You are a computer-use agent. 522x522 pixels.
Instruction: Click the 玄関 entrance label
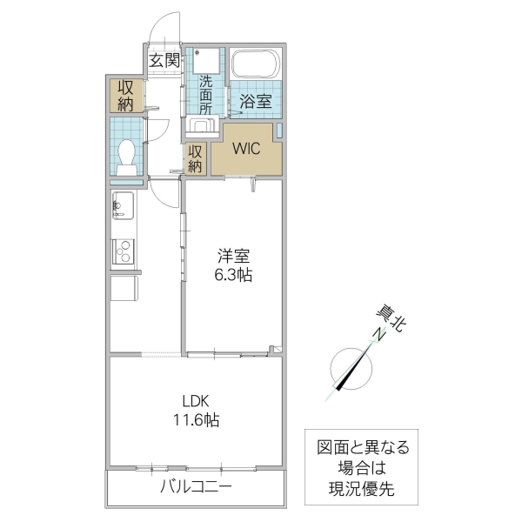tap(163, 60)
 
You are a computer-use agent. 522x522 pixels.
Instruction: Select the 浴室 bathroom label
tap(255, 101)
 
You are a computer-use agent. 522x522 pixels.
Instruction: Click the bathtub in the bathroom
tap(255, 64)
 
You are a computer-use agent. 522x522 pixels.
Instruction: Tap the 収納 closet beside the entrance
tap(125, 95)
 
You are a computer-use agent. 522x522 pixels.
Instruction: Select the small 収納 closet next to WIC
tap(196, 158)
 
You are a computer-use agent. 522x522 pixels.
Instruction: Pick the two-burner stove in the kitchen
tap(122, 251)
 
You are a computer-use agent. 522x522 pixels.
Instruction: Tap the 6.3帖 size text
tap(233, 276)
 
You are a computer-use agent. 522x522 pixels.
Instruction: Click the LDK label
tap(196, 401)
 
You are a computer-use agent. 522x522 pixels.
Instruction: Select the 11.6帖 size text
tap(196, 420)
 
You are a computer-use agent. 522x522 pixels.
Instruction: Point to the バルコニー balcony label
tap(195, 486)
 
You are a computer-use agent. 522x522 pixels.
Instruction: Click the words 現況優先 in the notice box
tap(360, 490)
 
